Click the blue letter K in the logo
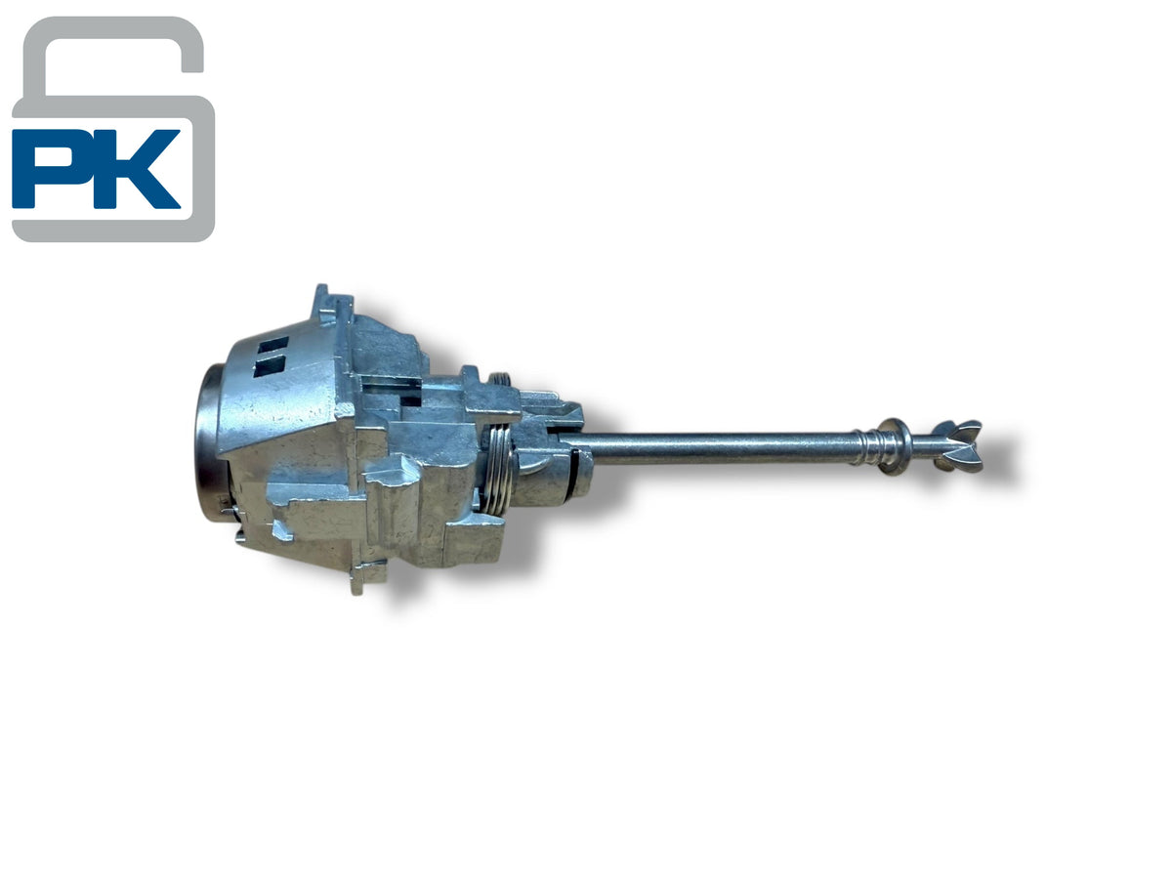(138, 168)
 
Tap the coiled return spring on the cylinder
(498, 469)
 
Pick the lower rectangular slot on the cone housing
(270, 366)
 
